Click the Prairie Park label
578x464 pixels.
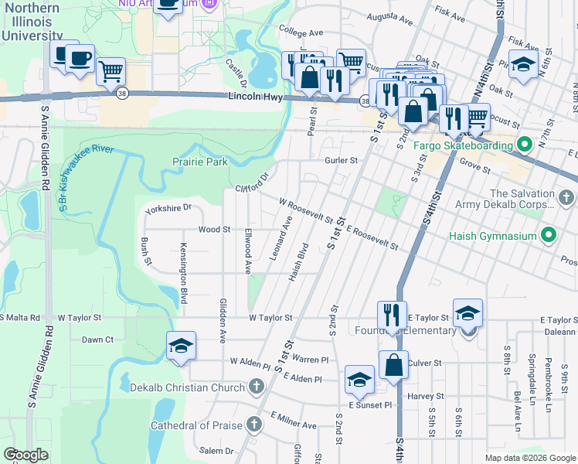(199, 162)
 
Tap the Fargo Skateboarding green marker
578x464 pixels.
(524, 145)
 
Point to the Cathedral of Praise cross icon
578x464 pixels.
(253, 425)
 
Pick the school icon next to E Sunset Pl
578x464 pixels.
(359, 379)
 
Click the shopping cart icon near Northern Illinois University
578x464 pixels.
(111, 71)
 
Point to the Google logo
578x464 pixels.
(25, 455)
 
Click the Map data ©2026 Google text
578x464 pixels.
(529, 457)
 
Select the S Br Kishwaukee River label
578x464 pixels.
(85, 176)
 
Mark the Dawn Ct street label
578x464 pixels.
(98, 339)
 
